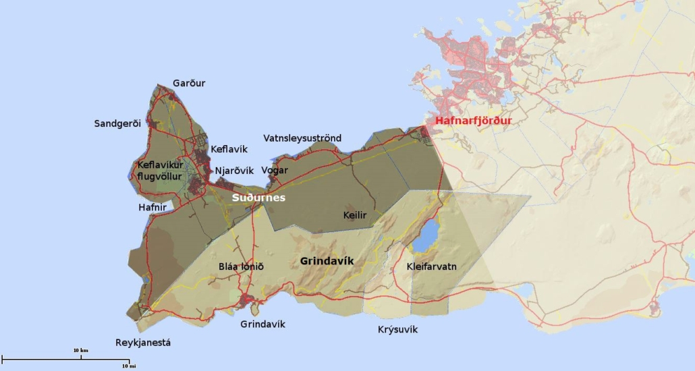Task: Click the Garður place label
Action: [x=189, y=83]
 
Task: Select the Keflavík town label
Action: [x=229, y=149]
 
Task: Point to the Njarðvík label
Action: [x=233, y=171]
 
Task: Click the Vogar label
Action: [x=275, y=171]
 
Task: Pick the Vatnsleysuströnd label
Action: [x=302, y=138]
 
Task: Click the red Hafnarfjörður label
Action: [x=474, y=121]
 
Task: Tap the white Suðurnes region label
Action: [x=258, y=198]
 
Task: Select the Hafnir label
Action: [x=152, y=208]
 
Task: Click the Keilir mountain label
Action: [x=355, y=215]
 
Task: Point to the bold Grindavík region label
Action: [x=327, y=260]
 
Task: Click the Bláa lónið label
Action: [x=241, y=266]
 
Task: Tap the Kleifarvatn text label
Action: [x=432, y=266]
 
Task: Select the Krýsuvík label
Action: [x=397, y=329]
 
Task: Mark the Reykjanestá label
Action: [x=143, y=343]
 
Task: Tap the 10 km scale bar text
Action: [x=80, y=351]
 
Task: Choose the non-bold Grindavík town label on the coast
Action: [x=262, y=324]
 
